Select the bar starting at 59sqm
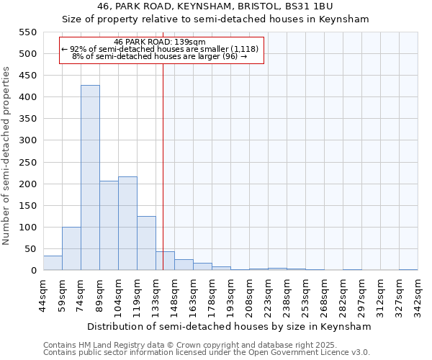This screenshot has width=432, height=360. tap(71, 248)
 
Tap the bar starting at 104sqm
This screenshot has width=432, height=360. tap(127, 223)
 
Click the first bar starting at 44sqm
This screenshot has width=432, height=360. tap(53, 263)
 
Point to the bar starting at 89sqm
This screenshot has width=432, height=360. tap(109, 225)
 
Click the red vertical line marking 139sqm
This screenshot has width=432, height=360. tap(163, 166)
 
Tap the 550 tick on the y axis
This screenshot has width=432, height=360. tap(27, 32)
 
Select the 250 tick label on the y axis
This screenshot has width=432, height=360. tap(27, 162)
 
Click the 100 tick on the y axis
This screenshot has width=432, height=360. tap(27, 228)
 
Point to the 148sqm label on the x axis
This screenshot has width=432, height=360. tap(175, 294)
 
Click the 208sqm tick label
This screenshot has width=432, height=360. tap(250, 294)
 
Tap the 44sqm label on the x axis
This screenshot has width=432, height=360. tap(44, 294)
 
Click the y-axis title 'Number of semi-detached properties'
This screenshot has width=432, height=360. tap(6, 156)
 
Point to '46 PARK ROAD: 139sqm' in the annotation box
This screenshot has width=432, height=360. tap(160, 42)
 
